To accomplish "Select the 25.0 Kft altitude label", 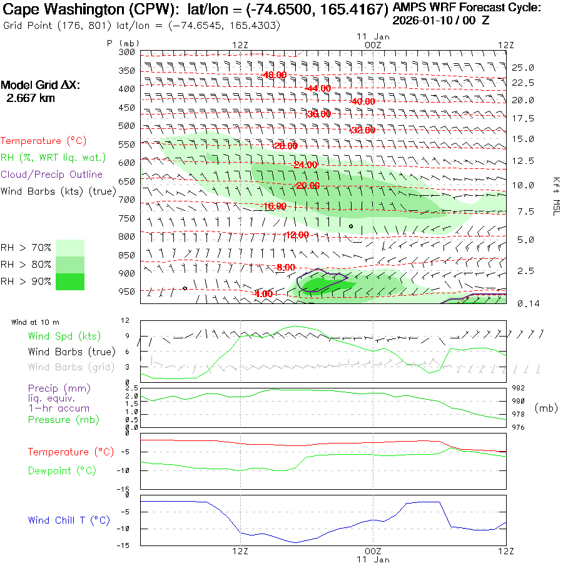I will [523, 68].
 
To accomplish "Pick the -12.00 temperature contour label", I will [297, 235].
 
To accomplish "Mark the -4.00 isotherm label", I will [263, 294].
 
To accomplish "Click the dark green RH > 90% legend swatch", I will [70, 281].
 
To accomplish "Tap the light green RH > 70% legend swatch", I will [70, 248].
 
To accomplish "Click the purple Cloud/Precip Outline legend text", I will [52, 175].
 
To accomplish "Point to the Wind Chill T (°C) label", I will [69, 520].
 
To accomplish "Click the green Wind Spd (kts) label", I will [64, 337].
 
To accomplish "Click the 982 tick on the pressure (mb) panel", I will [518, 388].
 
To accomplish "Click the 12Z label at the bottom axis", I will [241, 551].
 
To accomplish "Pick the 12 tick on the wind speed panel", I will [125, 320].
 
